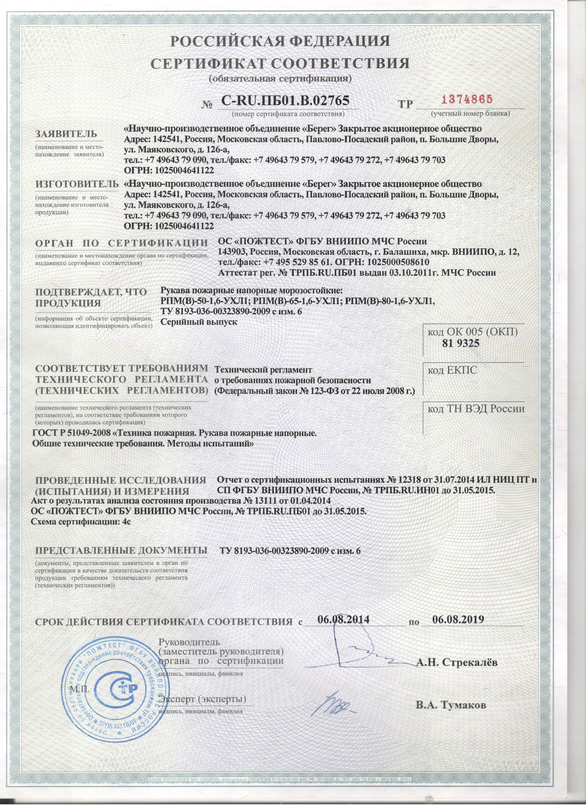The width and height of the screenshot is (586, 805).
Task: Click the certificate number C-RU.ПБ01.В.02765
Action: click(x=285, y=101)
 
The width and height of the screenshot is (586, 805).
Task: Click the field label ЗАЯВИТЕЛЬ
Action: click(x=66, y=134)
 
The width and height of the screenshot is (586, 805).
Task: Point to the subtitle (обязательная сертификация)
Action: click(x=280, y=78)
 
